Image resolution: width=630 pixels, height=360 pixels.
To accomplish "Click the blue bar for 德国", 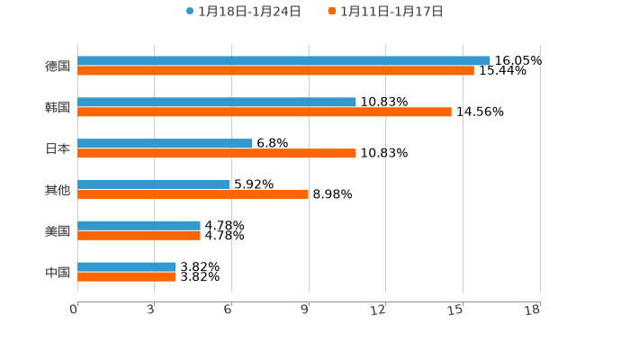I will tap(283, 60).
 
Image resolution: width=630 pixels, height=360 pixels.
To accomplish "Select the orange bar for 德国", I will tap(275, 71).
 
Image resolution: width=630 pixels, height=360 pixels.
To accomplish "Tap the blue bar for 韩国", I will tap(217, 102).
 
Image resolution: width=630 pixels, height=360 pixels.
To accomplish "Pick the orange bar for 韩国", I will tap(265, 112).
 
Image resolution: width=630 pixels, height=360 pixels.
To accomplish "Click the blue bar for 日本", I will tap(165, 143).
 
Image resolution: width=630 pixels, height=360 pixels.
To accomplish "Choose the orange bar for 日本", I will tap(217, 154).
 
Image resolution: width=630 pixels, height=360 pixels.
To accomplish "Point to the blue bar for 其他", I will tap(154, 184).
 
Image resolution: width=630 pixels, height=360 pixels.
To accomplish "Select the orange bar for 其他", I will tap(193, 194).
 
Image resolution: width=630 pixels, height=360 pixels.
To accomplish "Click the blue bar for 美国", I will tap(139, 225).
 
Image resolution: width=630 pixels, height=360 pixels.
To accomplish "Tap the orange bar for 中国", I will tap(127, 277).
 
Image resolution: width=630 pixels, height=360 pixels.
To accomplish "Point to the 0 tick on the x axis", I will tap(75, 310).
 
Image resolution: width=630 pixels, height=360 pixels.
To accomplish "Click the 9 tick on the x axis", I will tap(306, 310).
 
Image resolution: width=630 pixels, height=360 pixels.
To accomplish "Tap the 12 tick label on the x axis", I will tap(379, 310).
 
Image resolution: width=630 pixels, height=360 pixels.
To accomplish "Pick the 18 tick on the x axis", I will tap(533, 310).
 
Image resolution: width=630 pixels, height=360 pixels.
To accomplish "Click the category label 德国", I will tap(58, 66).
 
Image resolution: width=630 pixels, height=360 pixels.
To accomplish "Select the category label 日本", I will tap(58, 148).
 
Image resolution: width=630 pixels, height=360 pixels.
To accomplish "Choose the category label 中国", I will tap(58, 272).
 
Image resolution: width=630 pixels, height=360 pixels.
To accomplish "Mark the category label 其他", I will tap(58, 190).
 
